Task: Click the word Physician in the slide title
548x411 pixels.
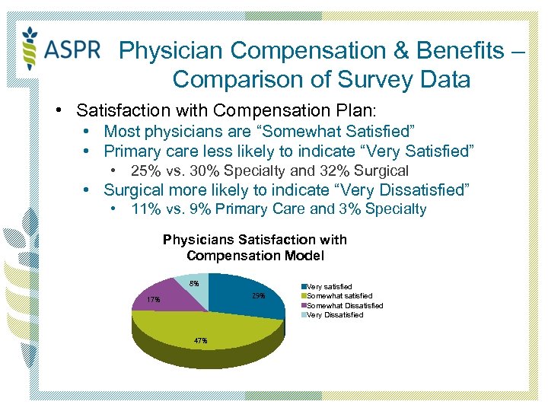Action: pos(171,51)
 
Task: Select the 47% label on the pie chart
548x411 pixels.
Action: pos(200,341)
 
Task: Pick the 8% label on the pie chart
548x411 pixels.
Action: pos(194,284)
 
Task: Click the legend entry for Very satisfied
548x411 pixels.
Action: pos(329,287)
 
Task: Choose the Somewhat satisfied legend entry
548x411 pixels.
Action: pos(339,296)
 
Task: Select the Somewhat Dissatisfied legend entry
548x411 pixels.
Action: pos(344,305)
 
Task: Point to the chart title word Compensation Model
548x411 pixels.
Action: pos(255,256)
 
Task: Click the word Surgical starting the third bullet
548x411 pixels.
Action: pos(134,190)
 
